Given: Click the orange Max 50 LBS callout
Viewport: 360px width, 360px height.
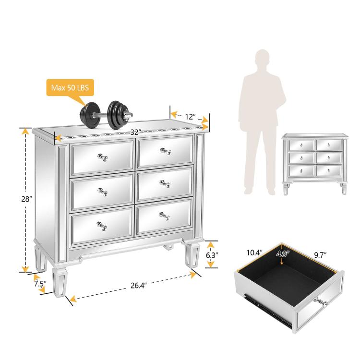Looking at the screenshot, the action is coord(70,87).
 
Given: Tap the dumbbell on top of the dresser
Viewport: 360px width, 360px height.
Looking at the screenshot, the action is coord(106,115).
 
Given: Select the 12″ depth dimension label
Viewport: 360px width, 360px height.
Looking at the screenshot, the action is coord(190,117).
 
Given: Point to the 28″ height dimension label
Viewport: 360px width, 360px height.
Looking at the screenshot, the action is coord(26,199).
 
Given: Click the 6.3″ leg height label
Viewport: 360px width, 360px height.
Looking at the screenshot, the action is coord(212,255).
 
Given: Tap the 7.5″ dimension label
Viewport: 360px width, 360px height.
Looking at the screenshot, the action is coord(40,284).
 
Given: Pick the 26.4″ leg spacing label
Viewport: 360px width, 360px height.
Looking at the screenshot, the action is coord(139,286).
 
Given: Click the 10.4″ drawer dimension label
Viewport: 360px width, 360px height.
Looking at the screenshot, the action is coord(254,253).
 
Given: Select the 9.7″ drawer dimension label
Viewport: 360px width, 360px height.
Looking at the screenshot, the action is coord(320,255).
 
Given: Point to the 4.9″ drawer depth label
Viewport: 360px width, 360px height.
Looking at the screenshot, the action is coord(283,254).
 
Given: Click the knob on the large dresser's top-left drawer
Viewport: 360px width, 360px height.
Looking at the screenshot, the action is coord(102,157).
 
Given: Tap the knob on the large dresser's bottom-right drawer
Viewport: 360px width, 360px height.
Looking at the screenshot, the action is coord(164,216).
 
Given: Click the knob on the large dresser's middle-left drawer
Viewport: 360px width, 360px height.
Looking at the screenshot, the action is coord(103,192).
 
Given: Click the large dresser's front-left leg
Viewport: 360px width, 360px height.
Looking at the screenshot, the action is coord(60,282).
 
